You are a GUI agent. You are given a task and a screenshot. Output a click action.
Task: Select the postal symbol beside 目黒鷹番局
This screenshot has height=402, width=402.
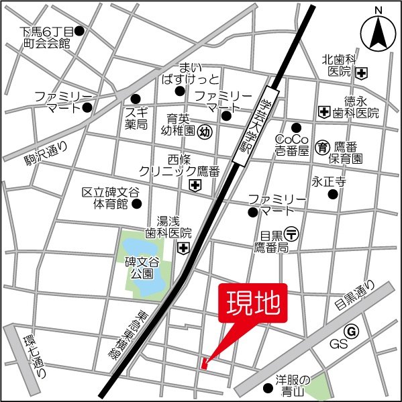pos(291,234)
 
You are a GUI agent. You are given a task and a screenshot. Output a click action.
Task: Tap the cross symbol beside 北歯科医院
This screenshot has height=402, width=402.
pos(362,72)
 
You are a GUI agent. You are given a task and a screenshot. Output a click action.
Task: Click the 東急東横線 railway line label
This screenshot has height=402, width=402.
pos(126,336)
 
